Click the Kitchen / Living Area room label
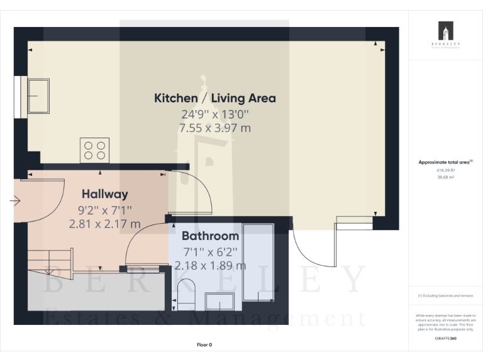(x=215, y=98)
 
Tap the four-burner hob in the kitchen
(x=94, y=150)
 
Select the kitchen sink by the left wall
(x=38, y=96)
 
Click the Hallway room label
(x=105, y=194)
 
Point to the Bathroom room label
(x=210, y=236)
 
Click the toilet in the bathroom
(x=186, y=295)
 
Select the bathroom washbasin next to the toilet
(x=219, y=302)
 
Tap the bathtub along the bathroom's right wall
(x=258, y=261)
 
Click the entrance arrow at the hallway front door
(x=16, y=201)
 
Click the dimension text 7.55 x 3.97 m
(x=215, y=128)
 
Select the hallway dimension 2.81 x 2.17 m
(x=105, y=223)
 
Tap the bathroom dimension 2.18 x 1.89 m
(x=210, y=265)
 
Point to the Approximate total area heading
(x=445, y=162)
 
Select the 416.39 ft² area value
(x=445, y=170)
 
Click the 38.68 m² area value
(x=445, y=178)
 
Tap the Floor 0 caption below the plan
(x=204, y=344)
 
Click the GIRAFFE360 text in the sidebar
(x=445, y=339)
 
